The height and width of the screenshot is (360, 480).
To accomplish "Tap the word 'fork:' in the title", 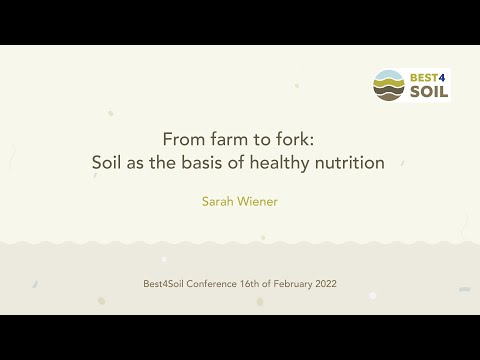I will [293, 139].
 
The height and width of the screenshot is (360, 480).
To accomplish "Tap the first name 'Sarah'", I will [220, 200].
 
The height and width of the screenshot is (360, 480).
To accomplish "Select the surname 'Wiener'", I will [258, 200].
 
